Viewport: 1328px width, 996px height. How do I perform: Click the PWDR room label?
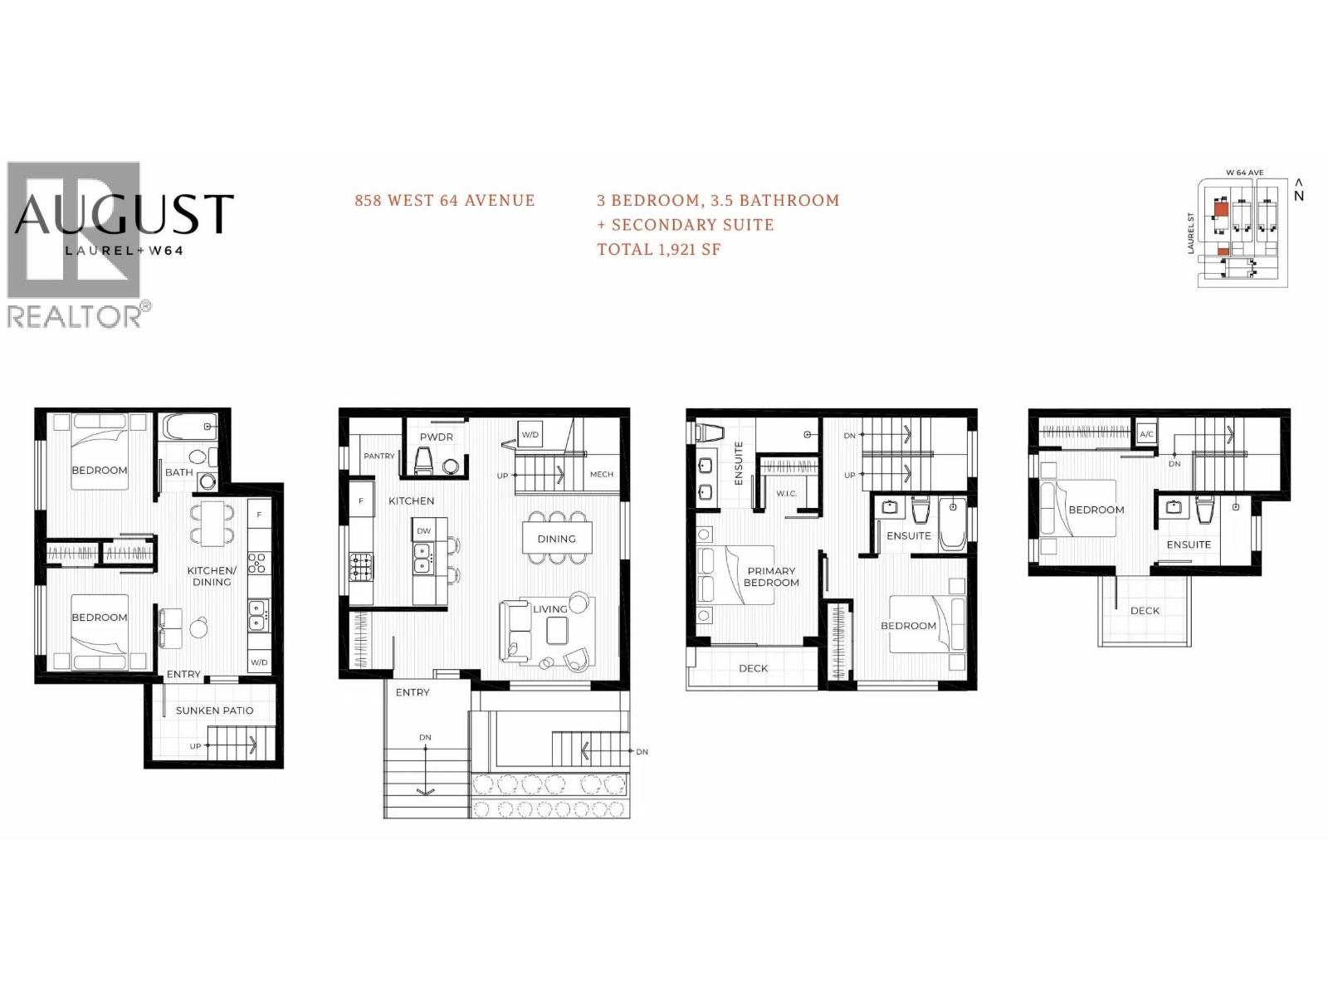[x=436, y=437]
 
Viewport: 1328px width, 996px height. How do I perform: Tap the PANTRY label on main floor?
[x=379, y=456]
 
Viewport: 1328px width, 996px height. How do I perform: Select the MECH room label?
[x=601, y=475]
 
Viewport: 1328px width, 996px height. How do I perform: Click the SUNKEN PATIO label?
[x=214, y=710]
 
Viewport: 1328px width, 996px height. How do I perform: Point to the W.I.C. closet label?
[x=786, y=494]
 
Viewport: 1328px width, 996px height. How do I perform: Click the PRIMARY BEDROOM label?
[x=771, y=577]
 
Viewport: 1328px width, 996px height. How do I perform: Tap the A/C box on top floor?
[x=1146, y=434]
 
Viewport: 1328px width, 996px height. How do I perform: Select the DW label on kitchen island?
[x=423, y=531]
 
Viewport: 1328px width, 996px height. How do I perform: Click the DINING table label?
[x=556, y=539]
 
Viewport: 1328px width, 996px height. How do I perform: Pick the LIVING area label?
[x=549, y=609]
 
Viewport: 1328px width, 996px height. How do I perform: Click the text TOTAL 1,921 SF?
[x=659, y=249]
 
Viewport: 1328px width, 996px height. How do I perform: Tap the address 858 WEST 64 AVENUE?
[x=444, y=200]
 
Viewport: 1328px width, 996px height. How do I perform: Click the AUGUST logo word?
[x=124, y=214]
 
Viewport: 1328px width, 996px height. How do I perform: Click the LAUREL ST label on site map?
[x=1191, y=232]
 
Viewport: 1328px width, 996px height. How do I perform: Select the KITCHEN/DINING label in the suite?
[x=212, y=576]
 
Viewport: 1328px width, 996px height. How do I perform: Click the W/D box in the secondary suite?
[x=259, y=662]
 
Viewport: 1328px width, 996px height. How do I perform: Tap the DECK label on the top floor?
[x=1145, y=611]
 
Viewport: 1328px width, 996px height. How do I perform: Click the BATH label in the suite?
[x=178, y=472]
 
